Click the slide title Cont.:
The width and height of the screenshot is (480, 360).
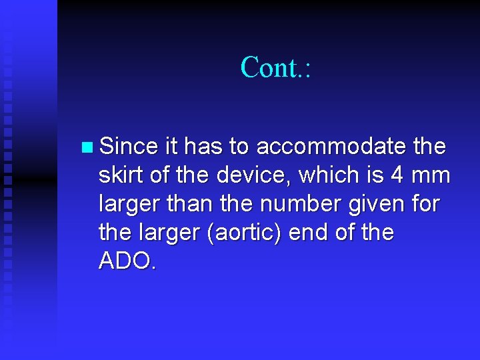point(275,67)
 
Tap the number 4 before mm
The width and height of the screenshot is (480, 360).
point(397,175)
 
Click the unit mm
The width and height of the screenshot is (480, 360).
point(431,175)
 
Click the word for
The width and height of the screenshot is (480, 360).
point(425,204)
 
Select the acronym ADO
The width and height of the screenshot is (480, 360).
point(127,262)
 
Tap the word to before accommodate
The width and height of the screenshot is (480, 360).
point(240,146)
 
